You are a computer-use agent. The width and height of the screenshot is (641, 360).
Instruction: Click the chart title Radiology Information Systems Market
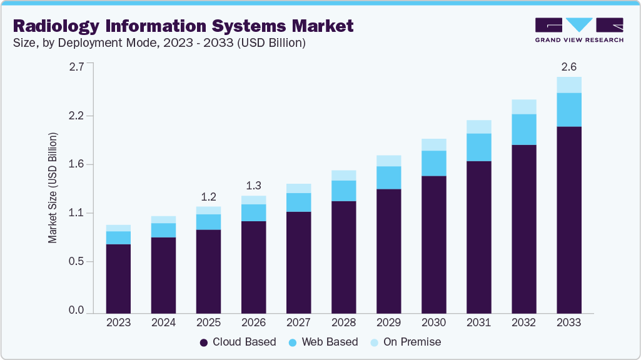[x=183, y=26]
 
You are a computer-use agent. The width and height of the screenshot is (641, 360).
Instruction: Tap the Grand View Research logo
[x=578, y=30]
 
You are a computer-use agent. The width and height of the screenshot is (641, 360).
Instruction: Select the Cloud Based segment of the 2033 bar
[x=568, y=219]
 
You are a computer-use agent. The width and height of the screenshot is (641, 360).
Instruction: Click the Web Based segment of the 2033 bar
[x=568, y=110]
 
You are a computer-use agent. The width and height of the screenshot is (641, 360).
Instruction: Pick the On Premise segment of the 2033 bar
[x=568, y=85]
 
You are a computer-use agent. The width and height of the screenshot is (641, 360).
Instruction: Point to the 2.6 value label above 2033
[x=568, y=67]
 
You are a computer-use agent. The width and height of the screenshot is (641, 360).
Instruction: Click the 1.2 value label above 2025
[x=208, y=196]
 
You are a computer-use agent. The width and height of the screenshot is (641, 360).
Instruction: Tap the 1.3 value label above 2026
[x=253, y=185]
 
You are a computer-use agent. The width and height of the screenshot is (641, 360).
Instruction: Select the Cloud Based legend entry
[x=238, y=342]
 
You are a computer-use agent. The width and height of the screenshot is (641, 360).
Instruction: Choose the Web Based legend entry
[x=323, y=342]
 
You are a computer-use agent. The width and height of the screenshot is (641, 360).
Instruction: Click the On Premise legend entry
[x=406, y=342]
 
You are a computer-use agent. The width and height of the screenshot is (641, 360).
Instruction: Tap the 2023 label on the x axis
[x=118, y=323]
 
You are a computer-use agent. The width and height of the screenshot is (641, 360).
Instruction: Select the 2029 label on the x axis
[x=388, y=323]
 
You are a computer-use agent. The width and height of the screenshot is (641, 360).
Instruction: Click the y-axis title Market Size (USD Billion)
[x=53, y=187]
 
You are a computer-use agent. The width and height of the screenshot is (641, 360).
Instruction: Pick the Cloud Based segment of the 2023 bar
[x=118, y=278]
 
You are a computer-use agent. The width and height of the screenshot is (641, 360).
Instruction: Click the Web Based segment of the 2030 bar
[x=433, y=163]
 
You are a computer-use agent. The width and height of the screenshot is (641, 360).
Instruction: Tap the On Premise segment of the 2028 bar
[x=343, y=176]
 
